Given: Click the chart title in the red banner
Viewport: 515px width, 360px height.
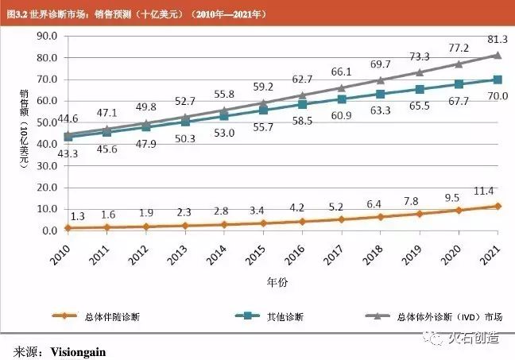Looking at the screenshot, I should click(136, 14).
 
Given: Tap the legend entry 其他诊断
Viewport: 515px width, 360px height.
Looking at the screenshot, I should click(285, 316).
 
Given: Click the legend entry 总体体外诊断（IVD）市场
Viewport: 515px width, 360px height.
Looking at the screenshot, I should click(445, 316).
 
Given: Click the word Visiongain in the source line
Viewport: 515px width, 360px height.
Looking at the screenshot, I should click(78, 350).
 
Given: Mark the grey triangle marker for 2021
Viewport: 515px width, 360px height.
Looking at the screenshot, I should click(498, 55).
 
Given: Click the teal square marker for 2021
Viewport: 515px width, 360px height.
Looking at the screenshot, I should click(498, 79).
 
